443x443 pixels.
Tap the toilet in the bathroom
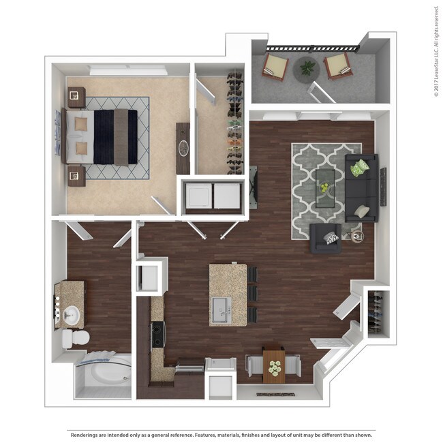tap(76, 338)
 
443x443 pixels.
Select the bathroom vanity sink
tap(72, 315)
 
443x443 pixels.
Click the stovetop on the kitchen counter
tap(157, 334)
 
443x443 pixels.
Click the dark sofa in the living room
tap(362, 189)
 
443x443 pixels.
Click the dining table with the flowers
tap(274, 367)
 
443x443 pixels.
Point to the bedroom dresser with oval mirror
tap(183, 148)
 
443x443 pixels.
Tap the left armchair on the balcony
tap(276, 67)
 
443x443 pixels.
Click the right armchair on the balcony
tap(337, 66)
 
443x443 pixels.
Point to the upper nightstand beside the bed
tap(75, 95)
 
